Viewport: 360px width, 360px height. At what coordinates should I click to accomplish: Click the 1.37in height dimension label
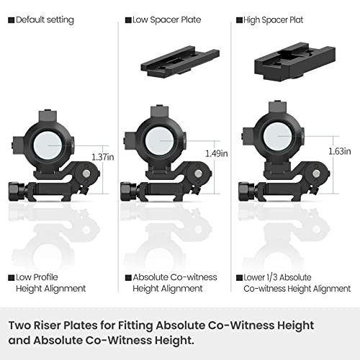click(x=103, y=157)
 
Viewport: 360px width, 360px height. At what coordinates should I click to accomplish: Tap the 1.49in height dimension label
click(x=217, y=153)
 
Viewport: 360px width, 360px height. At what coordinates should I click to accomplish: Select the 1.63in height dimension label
click(x=340, y=151)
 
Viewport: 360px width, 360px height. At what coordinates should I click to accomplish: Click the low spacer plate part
click(x=180, y=62)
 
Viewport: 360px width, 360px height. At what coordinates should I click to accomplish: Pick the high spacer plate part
click(x=295, y=63)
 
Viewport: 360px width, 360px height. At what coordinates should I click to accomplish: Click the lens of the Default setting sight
click(x=49, y=145)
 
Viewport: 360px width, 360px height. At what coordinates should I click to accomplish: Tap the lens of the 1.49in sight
click(x=161, y=141)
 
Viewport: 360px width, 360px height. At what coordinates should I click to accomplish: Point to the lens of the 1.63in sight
click(x=278, y=136)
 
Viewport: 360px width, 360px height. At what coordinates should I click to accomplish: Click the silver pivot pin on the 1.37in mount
click(x=86, y=174)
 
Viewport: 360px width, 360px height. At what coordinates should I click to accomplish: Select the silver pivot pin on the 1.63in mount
click(x=317, y=174)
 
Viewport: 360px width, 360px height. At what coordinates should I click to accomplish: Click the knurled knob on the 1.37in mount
click(x=17, y=192)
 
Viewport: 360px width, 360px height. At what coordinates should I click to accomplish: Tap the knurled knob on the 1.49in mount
click(x=128, y=192)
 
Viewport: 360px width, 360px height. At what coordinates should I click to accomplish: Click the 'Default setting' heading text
click(x=45, y=20)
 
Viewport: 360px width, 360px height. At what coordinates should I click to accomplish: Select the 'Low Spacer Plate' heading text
click(x=167, y=20)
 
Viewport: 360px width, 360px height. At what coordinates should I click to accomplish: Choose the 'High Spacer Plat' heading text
click(x=273, y=20)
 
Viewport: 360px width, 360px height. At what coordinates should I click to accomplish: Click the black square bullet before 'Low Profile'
click(x=12, y=278)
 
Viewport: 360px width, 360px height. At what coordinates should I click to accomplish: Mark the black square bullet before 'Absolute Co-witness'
click(x=128, y=278)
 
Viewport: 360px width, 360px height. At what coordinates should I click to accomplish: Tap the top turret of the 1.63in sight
click(x=278, y=107)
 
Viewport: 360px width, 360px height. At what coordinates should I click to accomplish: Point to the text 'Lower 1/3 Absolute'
click(x=277, y=277)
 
